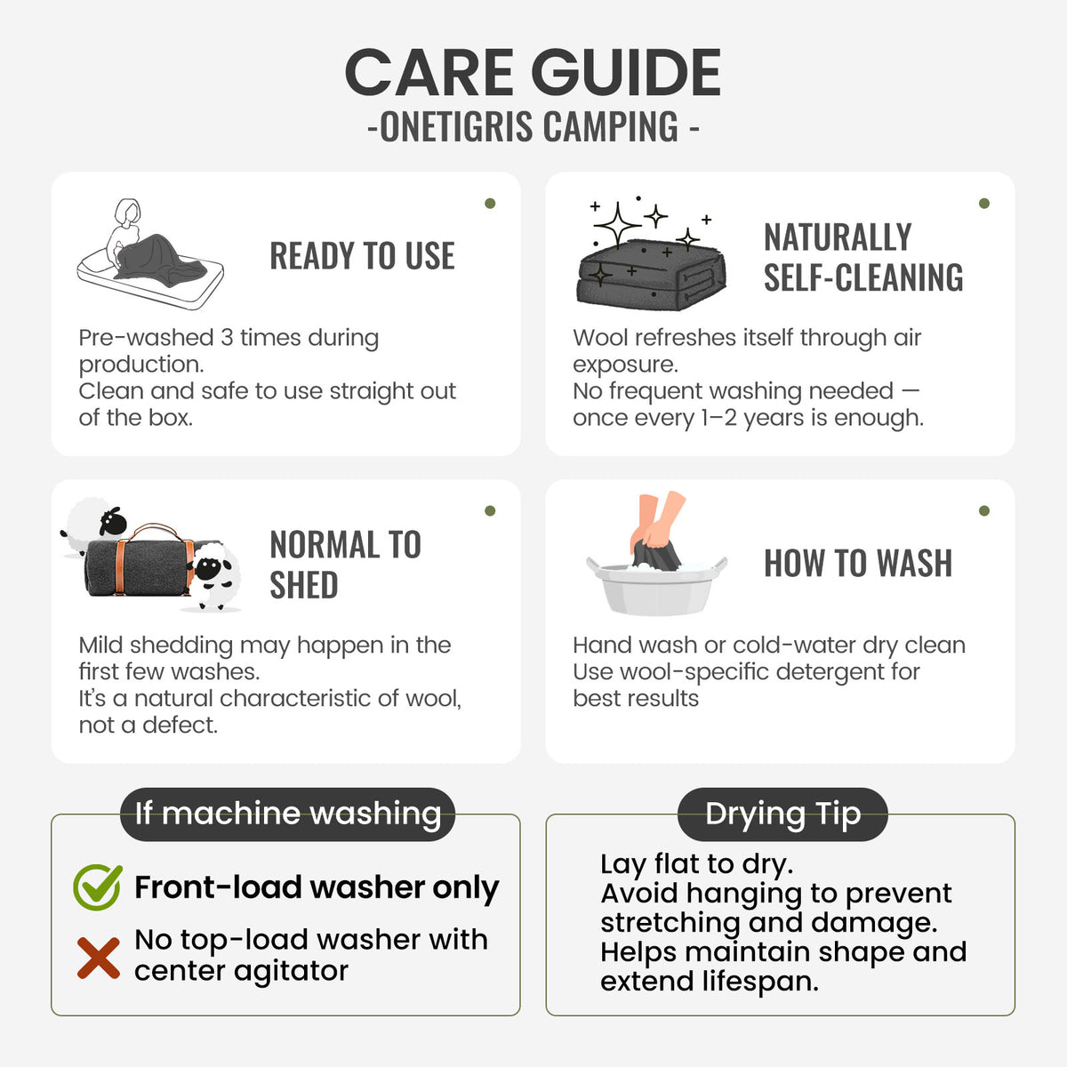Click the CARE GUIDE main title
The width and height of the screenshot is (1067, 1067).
533,72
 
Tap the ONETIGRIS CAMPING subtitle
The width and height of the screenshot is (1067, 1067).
533,126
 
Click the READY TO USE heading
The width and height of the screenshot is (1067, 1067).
362,256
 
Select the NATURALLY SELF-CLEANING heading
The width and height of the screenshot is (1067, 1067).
863,257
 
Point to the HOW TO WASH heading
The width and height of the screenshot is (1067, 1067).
858,563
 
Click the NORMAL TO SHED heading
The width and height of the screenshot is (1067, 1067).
346,565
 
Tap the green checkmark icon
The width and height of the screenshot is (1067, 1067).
98,886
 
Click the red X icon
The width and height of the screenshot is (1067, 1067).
99,958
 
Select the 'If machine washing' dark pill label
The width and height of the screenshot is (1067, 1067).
287,814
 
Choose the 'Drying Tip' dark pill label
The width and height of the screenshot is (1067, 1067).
783,814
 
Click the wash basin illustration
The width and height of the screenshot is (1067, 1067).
656,587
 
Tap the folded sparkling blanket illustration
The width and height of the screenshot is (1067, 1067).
651,274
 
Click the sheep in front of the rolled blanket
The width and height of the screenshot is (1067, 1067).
213,577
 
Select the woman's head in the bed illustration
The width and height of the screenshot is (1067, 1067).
129,212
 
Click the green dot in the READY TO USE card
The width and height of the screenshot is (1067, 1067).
490,204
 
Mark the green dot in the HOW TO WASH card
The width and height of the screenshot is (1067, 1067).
984,510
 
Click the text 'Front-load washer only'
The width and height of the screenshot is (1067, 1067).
317,888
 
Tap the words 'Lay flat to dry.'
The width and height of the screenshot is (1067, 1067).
696,863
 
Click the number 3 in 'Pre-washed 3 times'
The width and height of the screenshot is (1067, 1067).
227,338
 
